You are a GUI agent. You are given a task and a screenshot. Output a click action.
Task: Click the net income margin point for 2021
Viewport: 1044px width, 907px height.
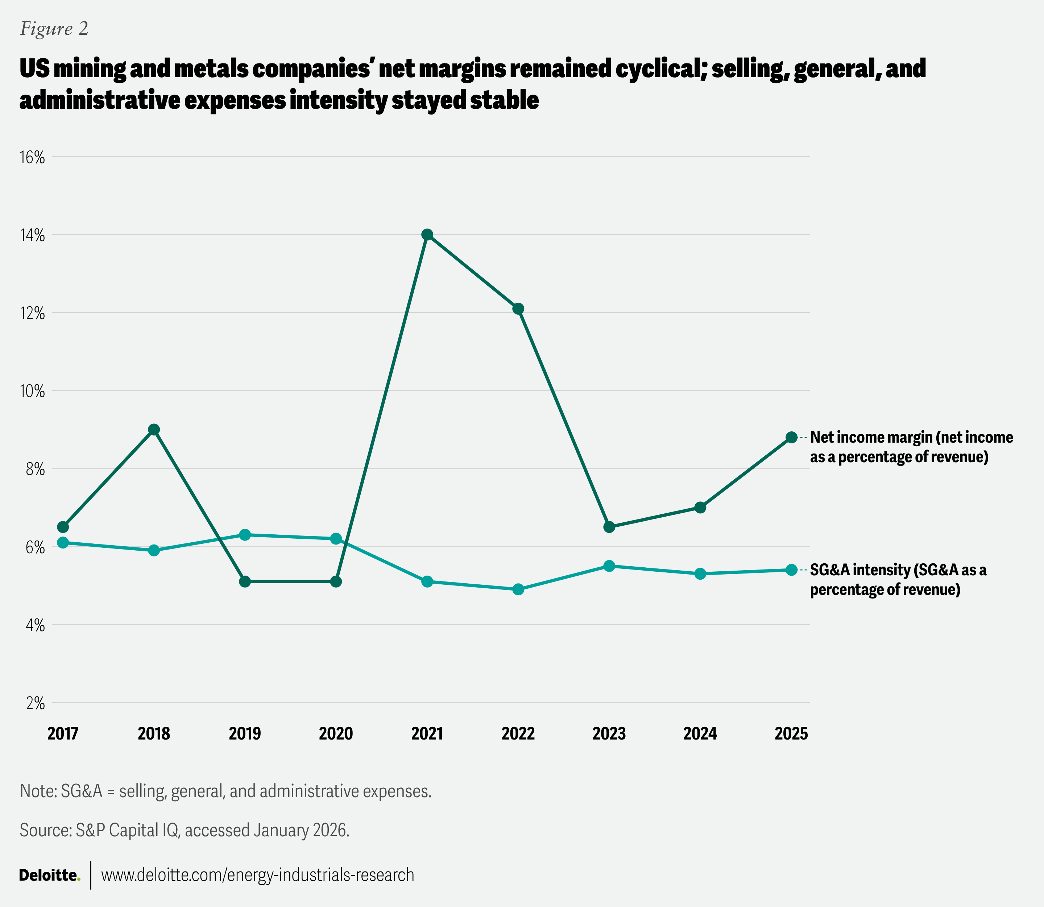(x=427, y=234)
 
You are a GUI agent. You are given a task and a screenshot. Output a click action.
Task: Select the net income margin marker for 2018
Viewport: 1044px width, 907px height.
(x=154, y=430)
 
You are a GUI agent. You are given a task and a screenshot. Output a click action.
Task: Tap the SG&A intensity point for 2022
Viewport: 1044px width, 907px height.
(x=518, y=589)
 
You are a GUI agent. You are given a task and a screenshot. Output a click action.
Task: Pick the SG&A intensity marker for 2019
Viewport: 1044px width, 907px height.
(x=245, y=534)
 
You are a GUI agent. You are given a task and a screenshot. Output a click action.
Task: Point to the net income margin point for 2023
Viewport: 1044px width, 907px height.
(x=609, y=527)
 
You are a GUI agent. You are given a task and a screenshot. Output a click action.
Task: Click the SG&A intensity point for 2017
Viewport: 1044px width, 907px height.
(x=63, y=543)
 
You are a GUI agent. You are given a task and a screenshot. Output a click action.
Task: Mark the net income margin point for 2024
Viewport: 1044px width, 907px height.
(x=700, y=508)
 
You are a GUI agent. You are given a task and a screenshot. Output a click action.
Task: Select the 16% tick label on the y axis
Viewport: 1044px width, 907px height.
(x=32, y=157)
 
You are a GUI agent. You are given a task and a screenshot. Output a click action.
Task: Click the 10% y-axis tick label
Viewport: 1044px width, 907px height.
(x=32, y=391)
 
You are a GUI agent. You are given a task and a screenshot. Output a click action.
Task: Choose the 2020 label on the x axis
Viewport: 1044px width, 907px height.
(x=336, y=733)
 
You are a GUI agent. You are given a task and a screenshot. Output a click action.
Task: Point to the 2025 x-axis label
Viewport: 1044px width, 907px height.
(x=791, y=733)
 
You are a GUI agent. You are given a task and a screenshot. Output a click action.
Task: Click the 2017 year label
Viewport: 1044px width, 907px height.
(x=63, y=733)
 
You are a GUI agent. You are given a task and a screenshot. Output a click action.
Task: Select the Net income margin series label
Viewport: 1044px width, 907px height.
(x=911, y=447)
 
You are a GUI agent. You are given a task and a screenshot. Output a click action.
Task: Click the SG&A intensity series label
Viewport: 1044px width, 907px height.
(x=898, y=580)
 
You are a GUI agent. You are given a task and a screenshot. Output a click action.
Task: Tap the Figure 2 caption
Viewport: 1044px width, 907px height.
(x=54, y=29)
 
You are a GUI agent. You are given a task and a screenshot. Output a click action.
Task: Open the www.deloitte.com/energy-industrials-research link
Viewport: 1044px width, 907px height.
(x=258, y=875)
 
